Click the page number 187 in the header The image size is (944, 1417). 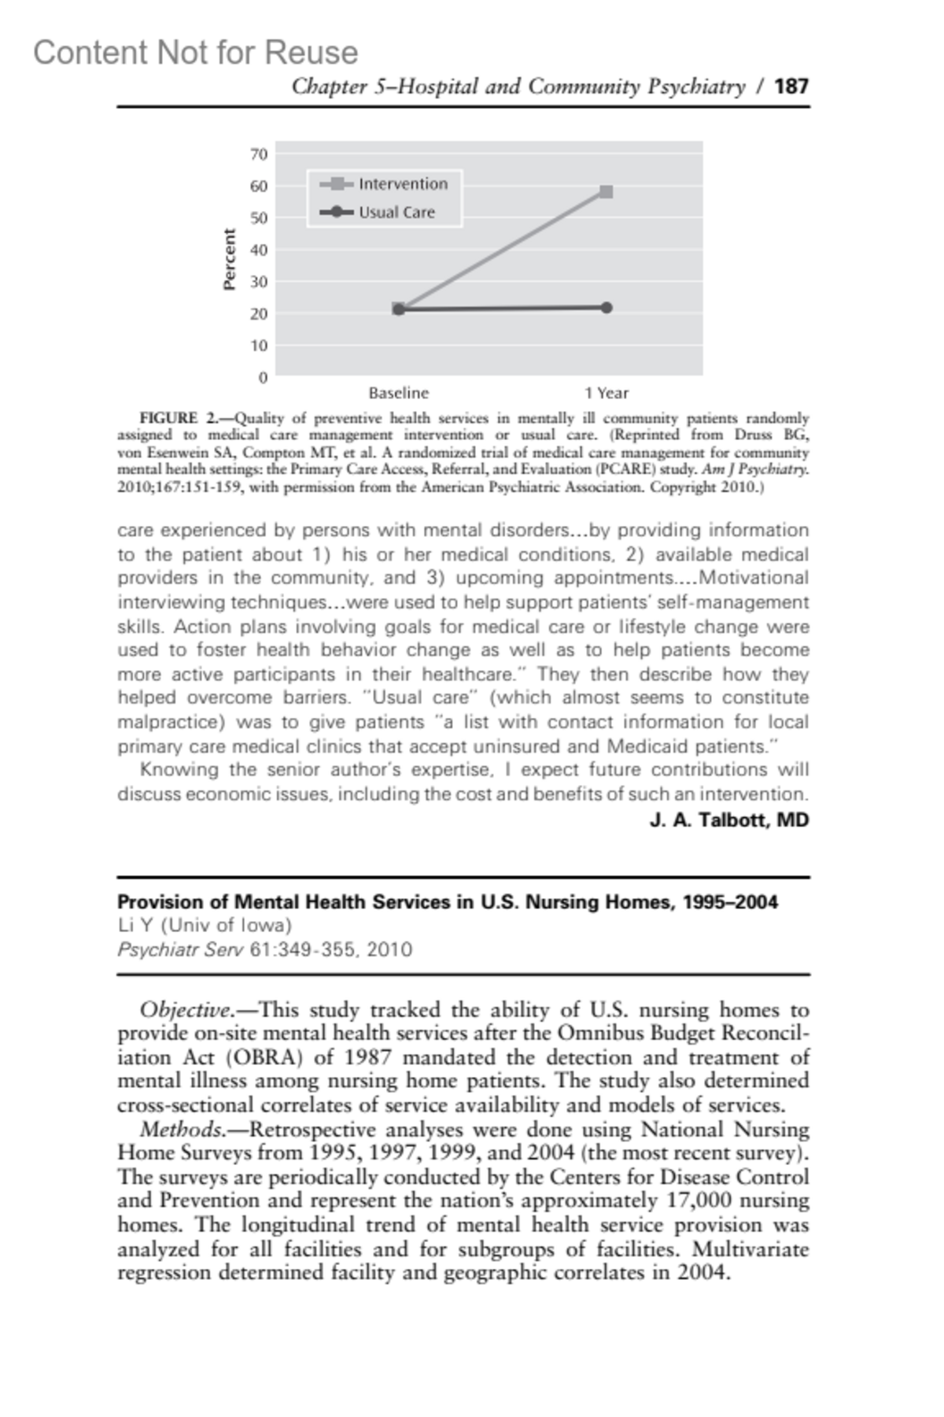click(x=791, y=86)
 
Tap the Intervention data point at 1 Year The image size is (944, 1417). click(x=606, y=191)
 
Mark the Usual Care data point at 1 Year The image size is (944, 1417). click(x=606, y=308)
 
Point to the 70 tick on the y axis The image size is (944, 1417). click(x=259, y=154)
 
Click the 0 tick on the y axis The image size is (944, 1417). click(x=263, y=377)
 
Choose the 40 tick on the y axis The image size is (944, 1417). click(x=259, y=250)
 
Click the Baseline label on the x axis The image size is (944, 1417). click(x=399, y=393)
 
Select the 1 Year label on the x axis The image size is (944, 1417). click(x=606, y=393)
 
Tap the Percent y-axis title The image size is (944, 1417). click(x=230, y=260)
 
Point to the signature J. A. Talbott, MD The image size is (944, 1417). click(x=729, y=820)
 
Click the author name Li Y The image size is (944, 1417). click(x=136, y=926)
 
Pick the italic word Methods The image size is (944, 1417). click(x=181, y=1130)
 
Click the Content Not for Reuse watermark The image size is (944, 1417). click(x=195, y=53)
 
